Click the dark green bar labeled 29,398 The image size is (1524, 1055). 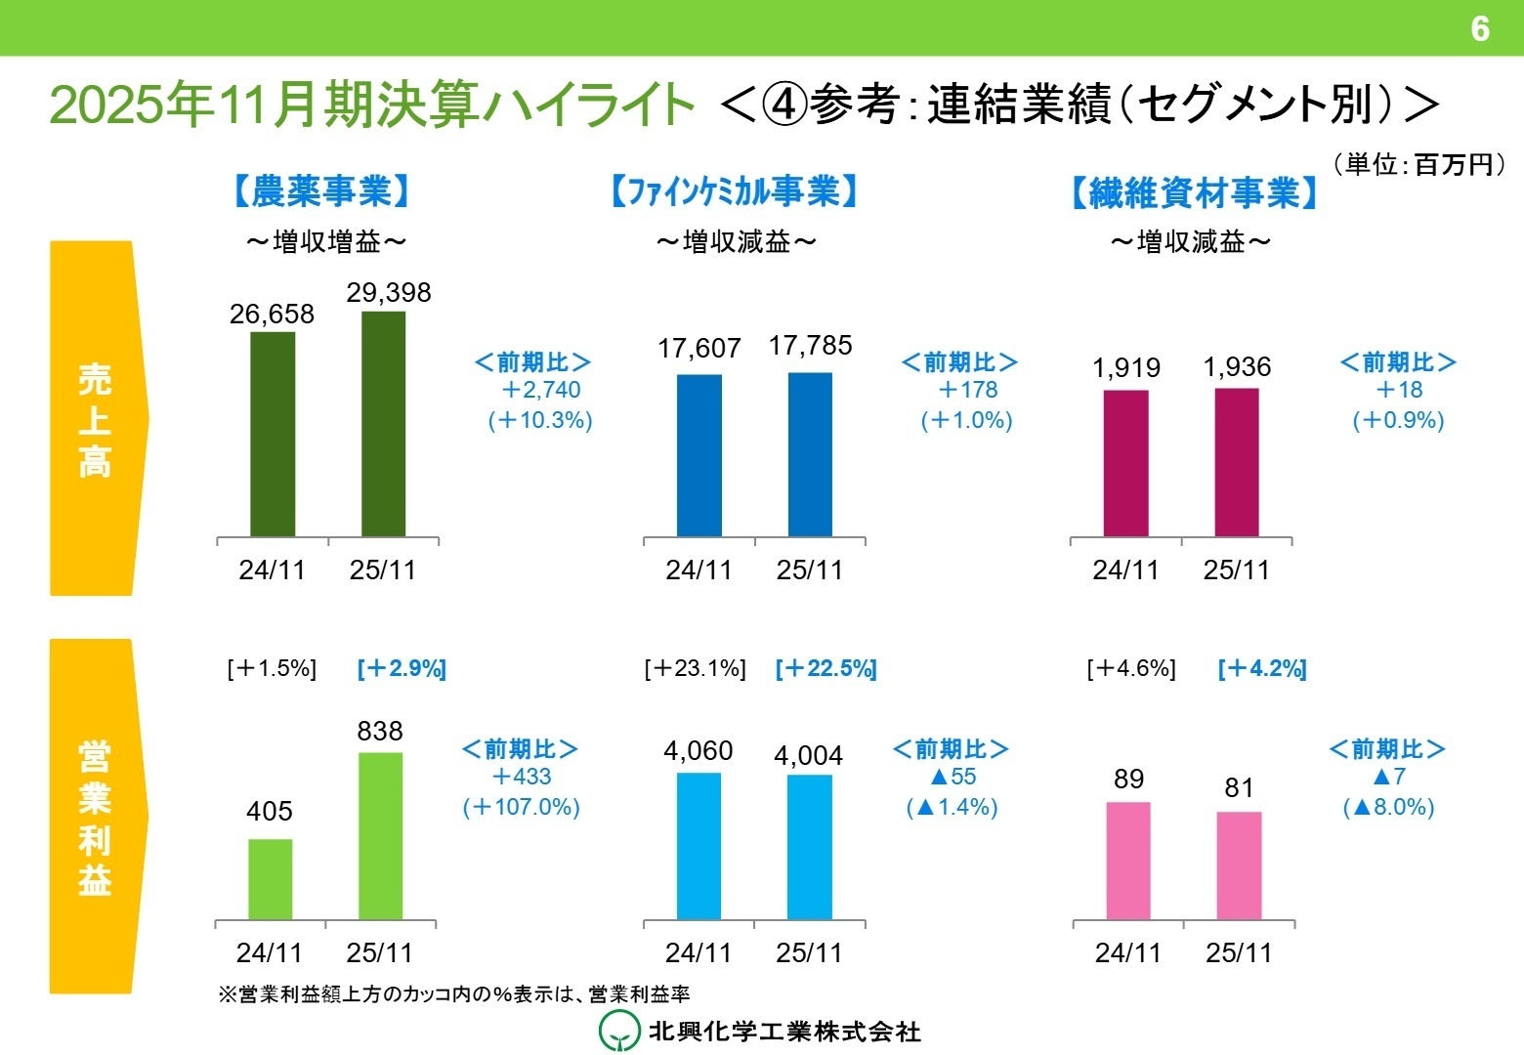point(383,424)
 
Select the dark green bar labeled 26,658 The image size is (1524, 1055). point(273,435)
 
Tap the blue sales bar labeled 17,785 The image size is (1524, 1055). point(810,454)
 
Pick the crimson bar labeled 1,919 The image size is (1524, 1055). point(1125,463)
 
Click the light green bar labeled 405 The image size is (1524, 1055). point(270,879)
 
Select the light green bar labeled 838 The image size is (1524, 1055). point(380,836)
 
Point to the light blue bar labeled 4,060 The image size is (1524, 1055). point(698,846)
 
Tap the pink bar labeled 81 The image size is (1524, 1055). point(1239,865)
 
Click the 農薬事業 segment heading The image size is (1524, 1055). point(322,191)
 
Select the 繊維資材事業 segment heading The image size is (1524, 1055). point(1194,193)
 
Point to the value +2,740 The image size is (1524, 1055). point(540,390)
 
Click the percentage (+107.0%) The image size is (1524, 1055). point(522,807)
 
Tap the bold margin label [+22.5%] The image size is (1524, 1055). point(825,669)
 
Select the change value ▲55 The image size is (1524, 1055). point(952,778)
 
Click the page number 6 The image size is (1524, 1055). point(1479,28)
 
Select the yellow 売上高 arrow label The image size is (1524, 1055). point(96,418)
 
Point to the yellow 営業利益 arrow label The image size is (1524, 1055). point(96,817)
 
